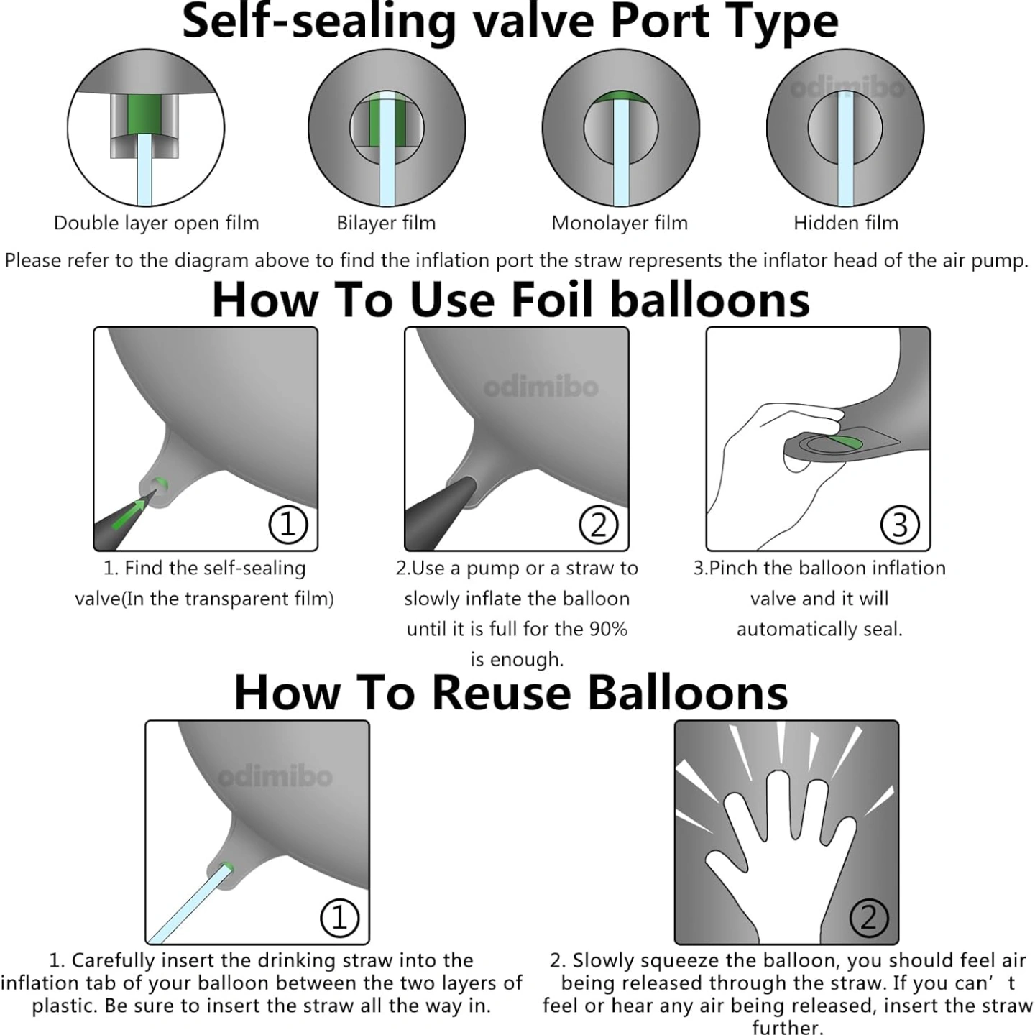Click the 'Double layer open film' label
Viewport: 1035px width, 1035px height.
click(156, 223)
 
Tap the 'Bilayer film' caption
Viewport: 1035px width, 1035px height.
click(386, 223)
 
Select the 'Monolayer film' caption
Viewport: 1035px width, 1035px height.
click(620, 223)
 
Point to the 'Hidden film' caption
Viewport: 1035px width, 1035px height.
click(846, 223)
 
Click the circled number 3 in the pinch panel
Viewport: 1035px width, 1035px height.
click(900, 525)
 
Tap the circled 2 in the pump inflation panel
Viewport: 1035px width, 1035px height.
click(598, 525)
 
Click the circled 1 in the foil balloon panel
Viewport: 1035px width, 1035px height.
click(288, 525)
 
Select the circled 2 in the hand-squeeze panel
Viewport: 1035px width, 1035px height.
click(869, 918)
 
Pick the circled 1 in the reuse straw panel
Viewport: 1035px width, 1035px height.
click(339, 918)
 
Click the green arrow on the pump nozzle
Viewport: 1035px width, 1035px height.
click(129, 514)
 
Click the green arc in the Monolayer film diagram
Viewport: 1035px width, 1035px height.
click(620, 97)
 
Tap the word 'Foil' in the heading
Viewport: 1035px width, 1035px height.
click(552, 300)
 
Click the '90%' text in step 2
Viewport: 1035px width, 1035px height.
click(608, 629)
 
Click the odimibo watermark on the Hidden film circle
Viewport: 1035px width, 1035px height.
click(847, 88)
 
